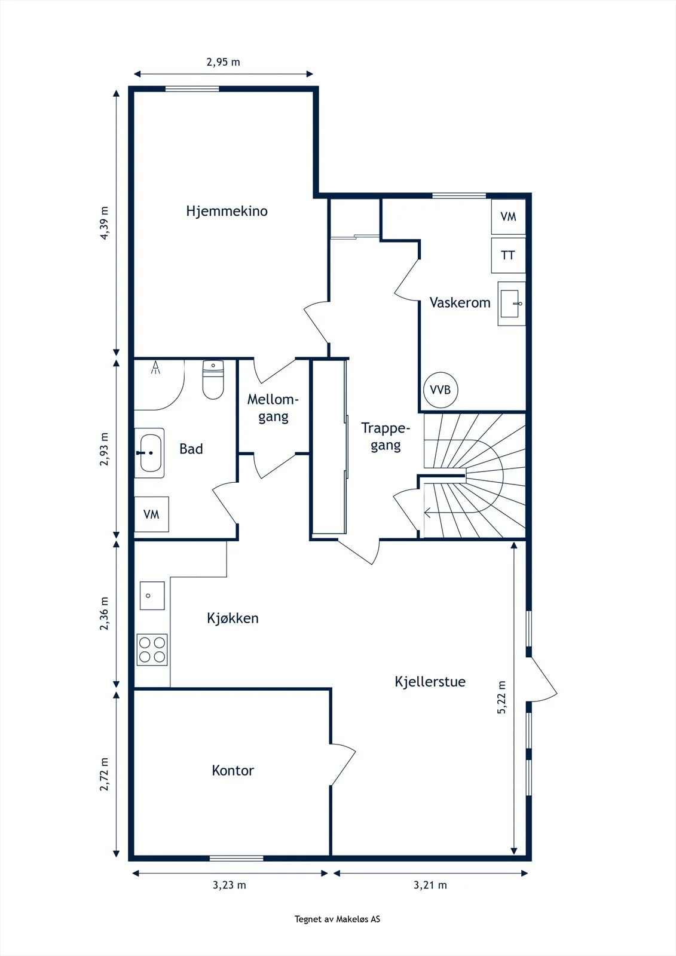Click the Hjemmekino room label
point(227,211)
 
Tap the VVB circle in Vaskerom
point(441,390)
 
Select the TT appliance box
point(508,255)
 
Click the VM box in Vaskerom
point(508,217)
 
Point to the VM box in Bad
point(152,514)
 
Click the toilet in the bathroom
point(213,380)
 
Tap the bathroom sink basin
point(149,453)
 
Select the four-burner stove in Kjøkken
point(152,649)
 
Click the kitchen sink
point(152,595)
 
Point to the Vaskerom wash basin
point(511,304)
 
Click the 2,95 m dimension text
point(224,62)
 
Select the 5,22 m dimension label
point(501,697)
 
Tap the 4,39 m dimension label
point(104,223)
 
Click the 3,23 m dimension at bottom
point(230,885)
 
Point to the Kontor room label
point(233,770)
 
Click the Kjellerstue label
point(430,681)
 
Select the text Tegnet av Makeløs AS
point(337,919)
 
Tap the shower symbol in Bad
point(156,367)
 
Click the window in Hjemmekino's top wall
point(192,89)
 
